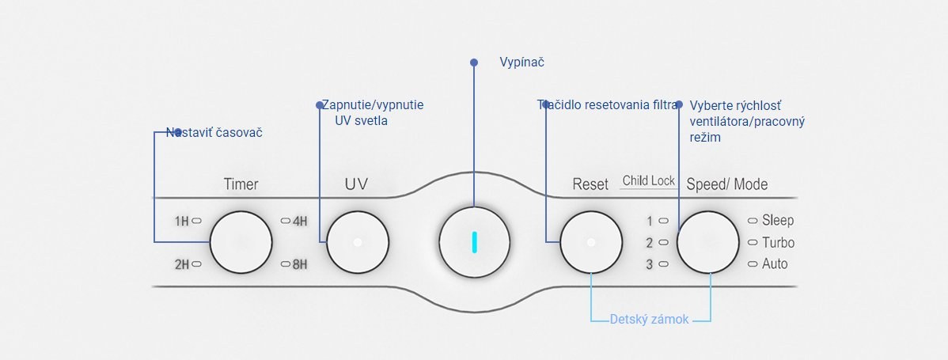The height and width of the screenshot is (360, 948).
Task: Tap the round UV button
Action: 358,242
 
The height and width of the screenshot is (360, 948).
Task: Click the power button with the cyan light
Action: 473,242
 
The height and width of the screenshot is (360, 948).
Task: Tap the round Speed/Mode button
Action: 710,242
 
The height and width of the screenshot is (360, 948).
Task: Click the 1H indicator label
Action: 182,222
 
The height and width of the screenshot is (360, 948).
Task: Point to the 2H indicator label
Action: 182,264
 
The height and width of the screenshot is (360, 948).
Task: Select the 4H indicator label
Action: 299,222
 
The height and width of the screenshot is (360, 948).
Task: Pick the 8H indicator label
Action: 299,264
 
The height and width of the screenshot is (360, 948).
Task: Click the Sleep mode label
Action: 777,221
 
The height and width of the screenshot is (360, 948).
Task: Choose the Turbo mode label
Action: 778,243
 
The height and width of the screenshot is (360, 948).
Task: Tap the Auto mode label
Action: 775,264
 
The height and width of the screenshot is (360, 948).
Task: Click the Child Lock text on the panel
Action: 648,180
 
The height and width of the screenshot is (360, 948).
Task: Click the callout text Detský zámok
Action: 649,320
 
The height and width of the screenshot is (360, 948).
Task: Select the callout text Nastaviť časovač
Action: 214,133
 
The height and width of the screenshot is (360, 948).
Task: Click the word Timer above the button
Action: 241,184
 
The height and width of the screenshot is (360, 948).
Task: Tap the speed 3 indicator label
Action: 649,264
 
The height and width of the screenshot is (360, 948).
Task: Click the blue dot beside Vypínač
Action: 474,62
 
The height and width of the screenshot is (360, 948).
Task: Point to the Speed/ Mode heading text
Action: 726,184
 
